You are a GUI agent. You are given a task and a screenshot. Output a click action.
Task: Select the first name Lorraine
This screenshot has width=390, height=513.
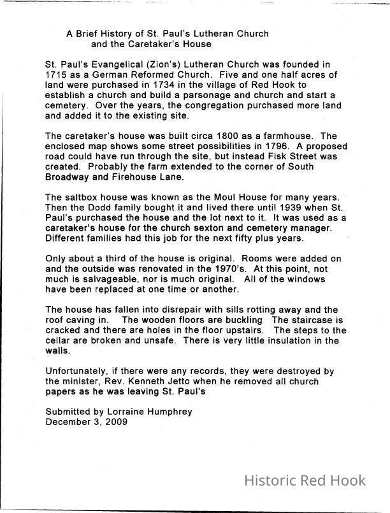(x=127, y=412)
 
